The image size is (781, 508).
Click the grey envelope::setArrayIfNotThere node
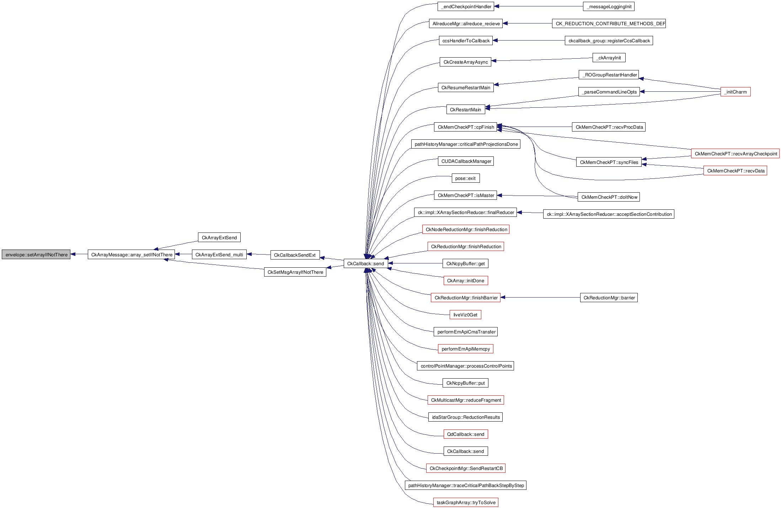pos(36,255)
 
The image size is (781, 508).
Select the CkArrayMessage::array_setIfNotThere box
pos(131,255)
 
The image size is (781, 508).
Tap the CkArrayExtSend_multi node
pos(219,255)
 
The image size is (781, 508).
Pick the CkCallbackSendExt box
pos(295,255)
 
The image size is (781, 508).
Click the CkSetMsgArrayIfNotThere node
pos(295,272)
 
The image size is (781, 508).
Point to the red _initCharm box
pos(735,92)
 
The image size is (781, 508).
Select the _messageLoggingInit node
pos(608,6)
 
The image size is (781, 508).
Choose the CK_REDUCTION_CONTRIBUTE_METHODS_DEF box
pos(609,23)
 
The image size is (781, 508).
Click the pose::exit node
pos(465,178)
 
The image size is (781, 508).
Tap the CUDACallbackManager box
pos(466,161)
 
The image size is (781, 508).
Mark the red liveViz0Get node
pos(465,315)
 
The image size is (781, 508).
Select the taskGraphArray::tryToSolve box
pos(466,502)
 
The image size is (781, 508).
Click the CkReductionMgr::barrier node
pos(609,298)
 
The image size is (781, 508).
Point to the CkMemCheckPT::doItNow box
pos(609,197)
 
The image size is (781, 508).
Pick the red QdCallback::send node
pos(465,434)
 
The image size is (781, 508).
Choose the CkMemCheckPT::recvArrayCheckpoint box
pos(735,154)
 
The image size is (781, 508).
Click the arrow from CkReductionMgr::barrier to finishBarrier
pos(540,298)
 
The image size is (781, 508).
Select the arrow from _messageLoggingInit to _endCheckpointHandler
pos(539,6)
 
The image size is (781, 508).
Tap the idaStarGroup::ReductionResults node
pos(465,417)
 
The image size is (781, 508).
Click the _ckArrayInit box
pos(609,58)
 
